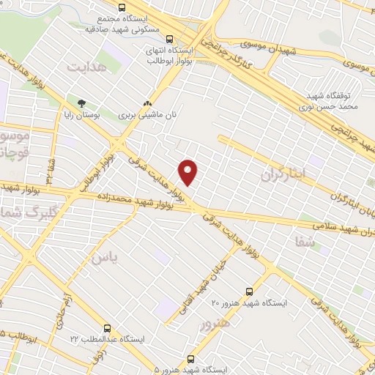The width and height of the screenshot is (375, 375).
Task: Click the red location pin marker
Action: click(x=189, y=172)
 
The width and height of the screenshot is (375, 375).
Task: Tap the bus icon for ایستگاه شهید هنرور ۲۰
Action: click(x=249, y=291)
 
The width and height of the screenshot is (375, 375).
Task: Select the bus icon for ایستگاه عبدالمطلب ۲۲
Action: click(x=108, y=328)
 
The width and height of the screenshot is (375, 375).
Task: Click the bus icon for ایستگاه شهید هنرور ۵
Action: click(x=191, y=359)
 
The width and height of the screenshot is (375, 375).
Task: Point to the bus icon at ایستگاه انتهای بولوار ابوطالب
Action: click(x=170, y=40)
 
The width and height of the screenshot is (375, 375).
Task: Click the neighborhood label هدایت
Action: click(x=87, y=67)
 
